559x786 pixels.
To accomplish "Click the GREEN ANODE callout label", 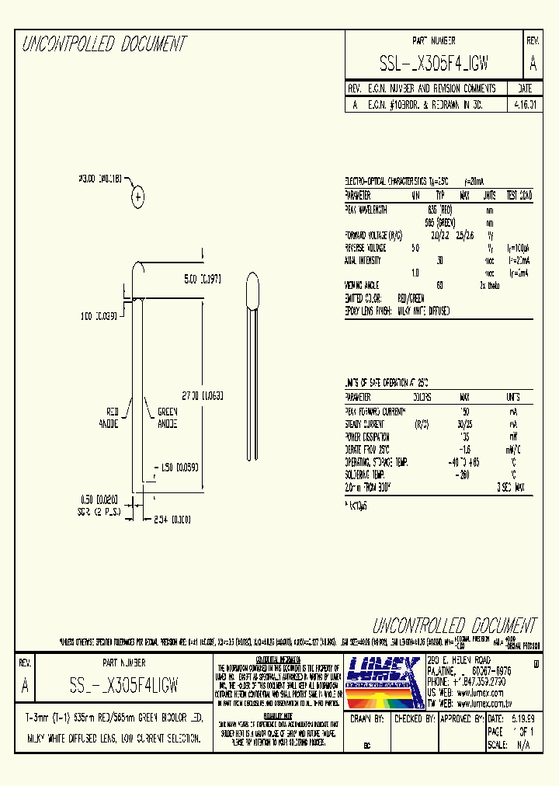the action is coord(168,418).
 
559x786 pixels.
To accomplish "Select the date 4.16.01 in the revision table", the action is coord(526,104).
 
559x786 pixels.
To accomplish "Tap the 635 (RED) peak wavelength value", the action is coord(439,210).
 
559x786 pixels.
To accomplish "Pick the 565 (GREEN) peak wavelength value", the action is coord(439,222).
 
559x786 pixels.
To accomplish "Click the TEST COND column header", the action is coord(519,196).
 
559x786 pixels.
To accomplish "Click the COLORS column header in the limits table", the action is coord(422,397).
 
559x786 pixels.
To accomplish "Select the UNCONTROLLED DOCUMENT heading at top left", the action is coord(105,44).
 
